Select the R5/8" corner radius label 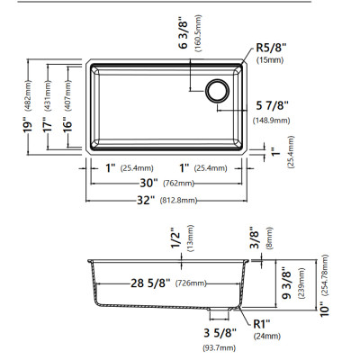point(271,48)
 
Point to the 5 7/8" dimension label point(272,106)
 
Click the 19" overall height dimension point(28,127)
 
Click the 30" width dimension point(148,183)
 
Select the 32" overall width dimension point(146,200)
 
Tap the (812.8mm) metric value point(179,201)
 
